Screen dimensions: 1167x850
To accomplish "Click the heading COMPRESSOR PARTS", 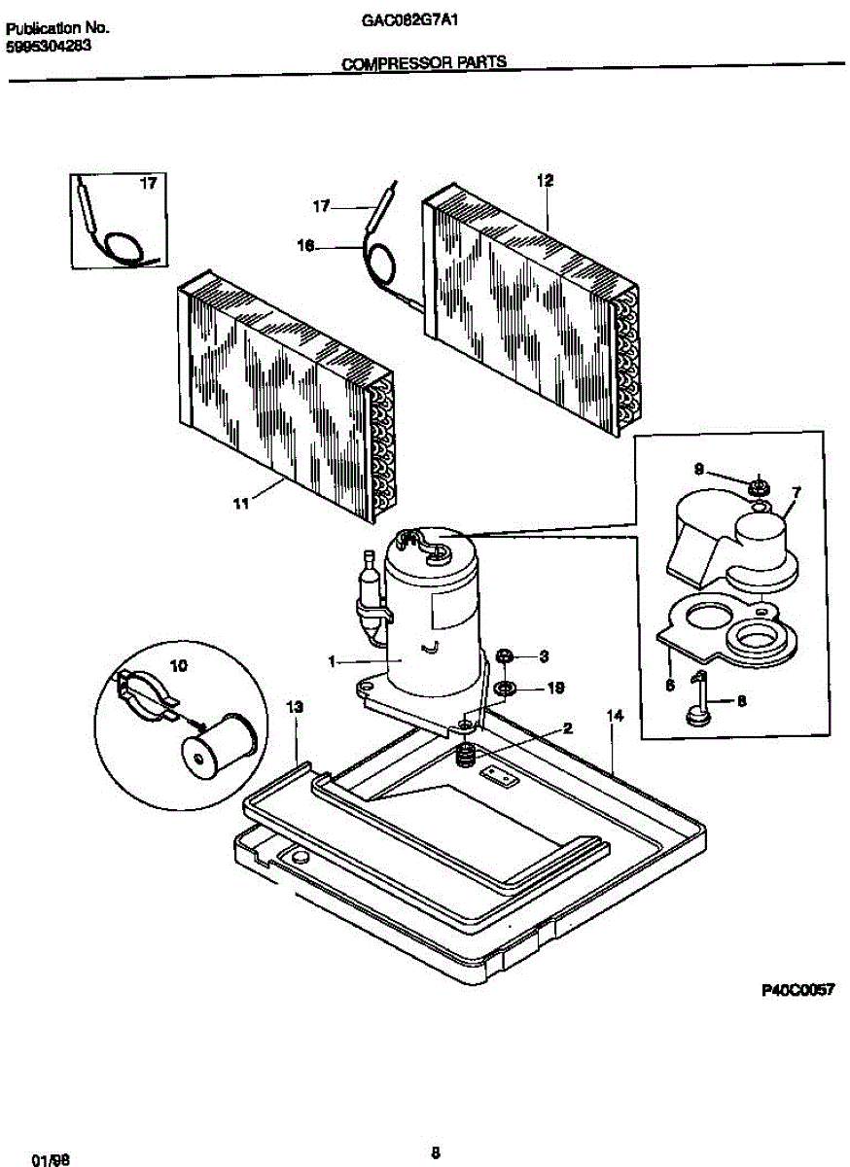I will [423, 63].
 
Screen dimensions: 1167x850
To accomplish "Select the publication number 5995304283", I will [49, 45].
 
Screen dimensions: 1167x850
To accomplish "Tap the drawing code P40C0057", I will [797, 990].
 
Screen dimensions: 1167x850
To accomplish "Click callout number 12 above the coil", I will [545, 180].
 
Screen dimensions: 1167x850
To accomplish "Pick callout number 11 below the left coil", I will [240, 503].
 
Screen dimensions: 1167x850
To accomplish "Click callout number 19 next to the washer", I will [555, 688].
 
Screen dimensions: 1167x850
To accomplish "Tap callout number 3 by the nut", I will [545, 656].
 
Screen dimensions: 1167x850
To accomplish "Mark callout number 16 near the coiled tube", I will [305, 247].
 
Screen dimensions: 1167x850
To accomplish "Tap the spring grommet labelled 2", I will [468, 754].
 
